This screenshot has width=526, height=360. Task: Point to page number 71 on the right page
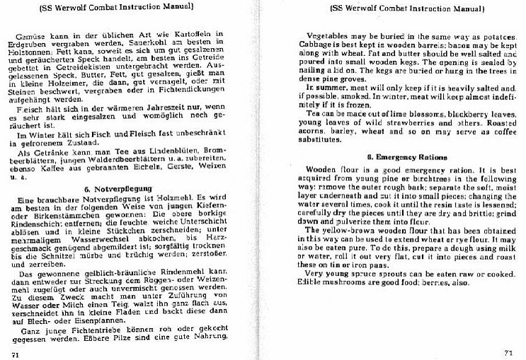pyautogui.click(x=507, y=352)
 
